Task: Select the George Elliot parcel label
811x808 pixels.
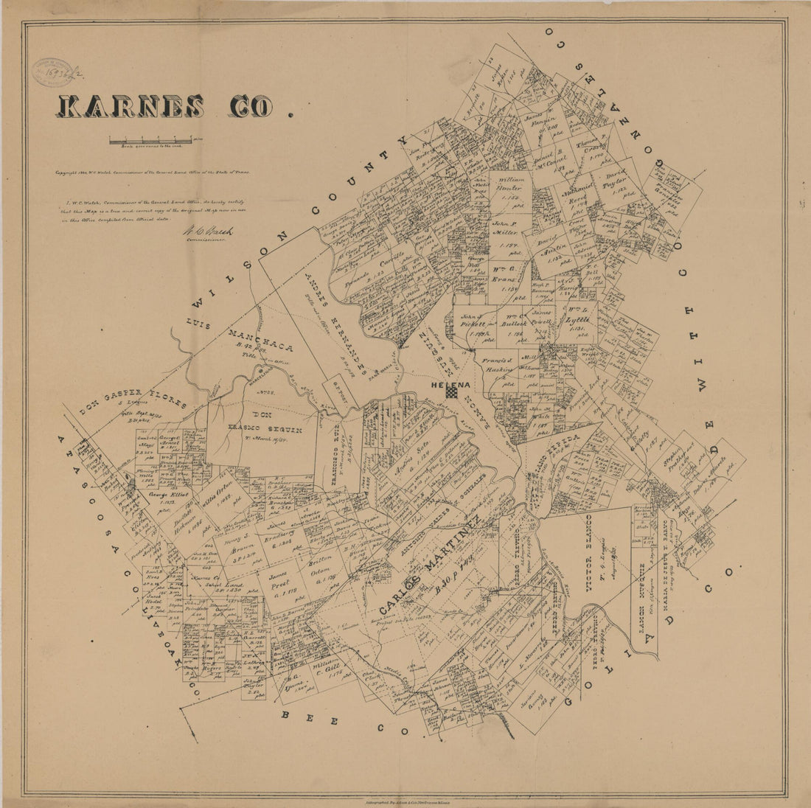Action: pyautogui.click(x=169, y=495)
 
